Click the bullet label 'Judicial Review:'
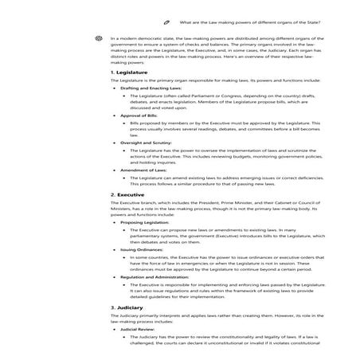point(135,327)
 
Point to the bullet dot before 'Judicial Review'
point(115,327)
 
